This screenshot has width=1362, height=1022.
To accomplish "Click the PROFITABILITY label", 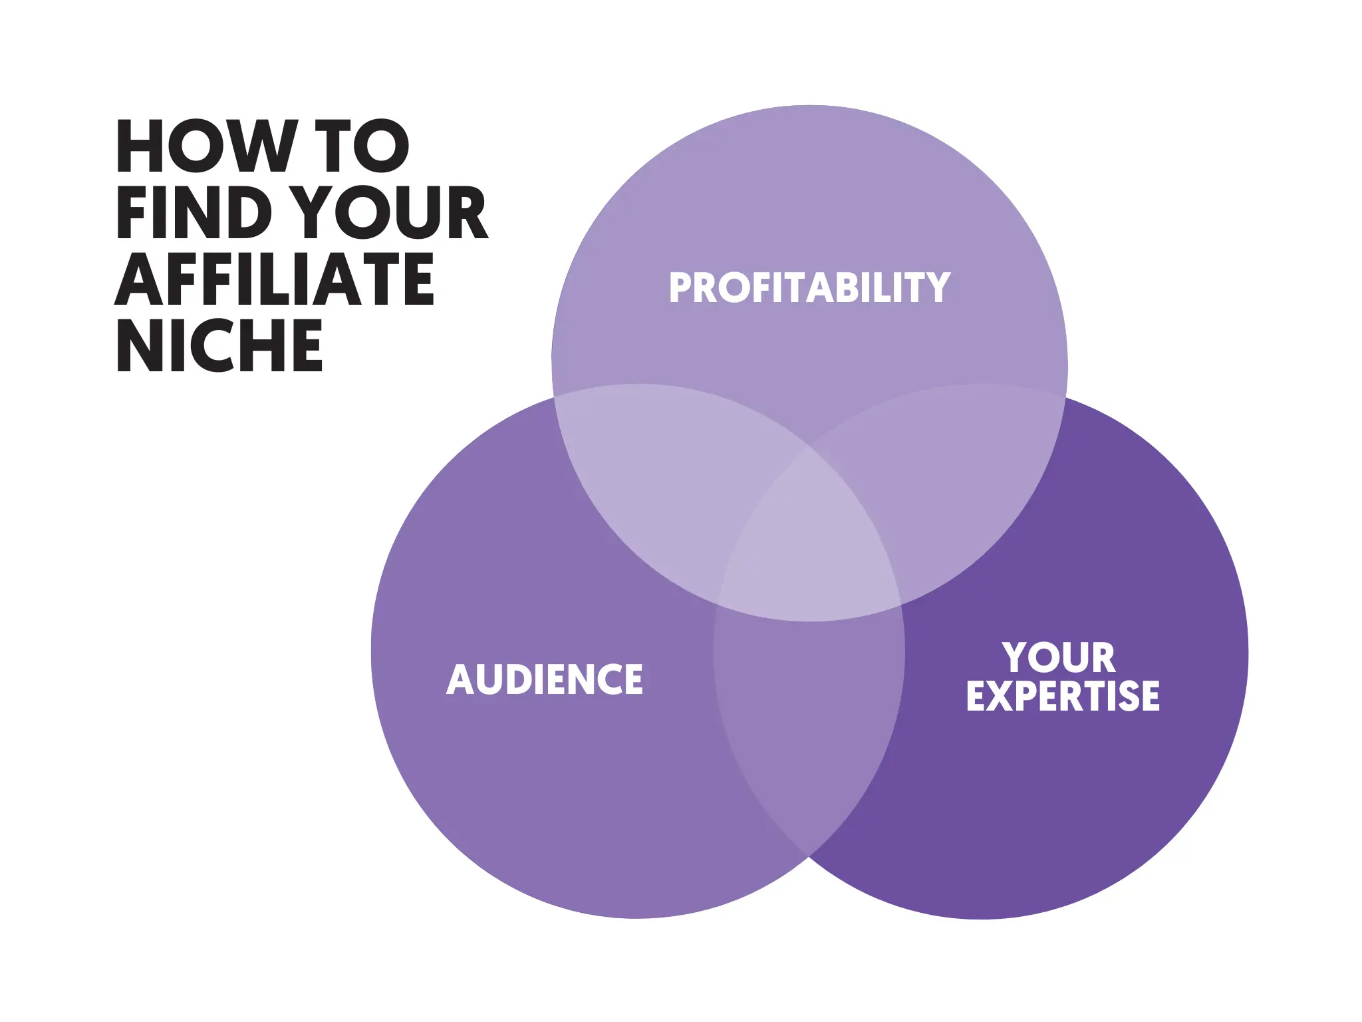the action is (809, 288).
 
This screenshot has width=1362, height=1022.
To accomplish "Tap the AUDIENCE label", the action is (545, 679).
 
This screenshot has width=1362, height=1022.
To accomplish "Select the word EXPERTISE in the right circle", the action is (1063, 696).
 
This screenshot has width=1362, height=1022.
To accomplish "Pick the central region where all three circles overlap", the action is (809, 539).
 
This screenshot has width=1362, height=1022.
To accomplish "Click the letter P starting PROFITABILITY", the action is (681, 288).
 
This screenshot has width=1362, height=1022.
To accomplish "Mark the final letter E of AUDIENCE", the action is (632, 679).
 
